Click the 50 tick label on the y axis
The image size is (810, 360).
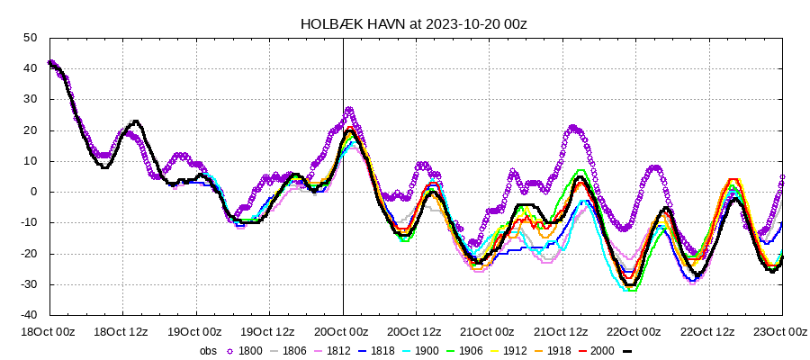[x=30, y=38]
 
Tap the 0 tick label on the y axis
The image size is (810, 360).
[x=32, y=192]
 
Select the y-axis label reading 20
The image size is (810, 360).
[x=30, y=130]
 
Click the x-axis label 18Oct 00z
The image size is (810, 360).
[x=50, y=331]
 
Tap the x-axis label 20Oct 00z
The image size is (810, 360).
[x=343, y=331]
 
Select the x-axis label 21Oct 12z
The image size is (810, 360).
[x=562, y=331]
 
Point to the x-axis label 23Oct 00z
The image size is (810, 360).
[x=781, y=331]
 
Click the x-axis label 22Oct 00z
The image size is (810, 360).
[x=635, y=331]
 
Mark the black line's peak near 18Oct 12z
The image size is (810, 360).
[x=136, y=121]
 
